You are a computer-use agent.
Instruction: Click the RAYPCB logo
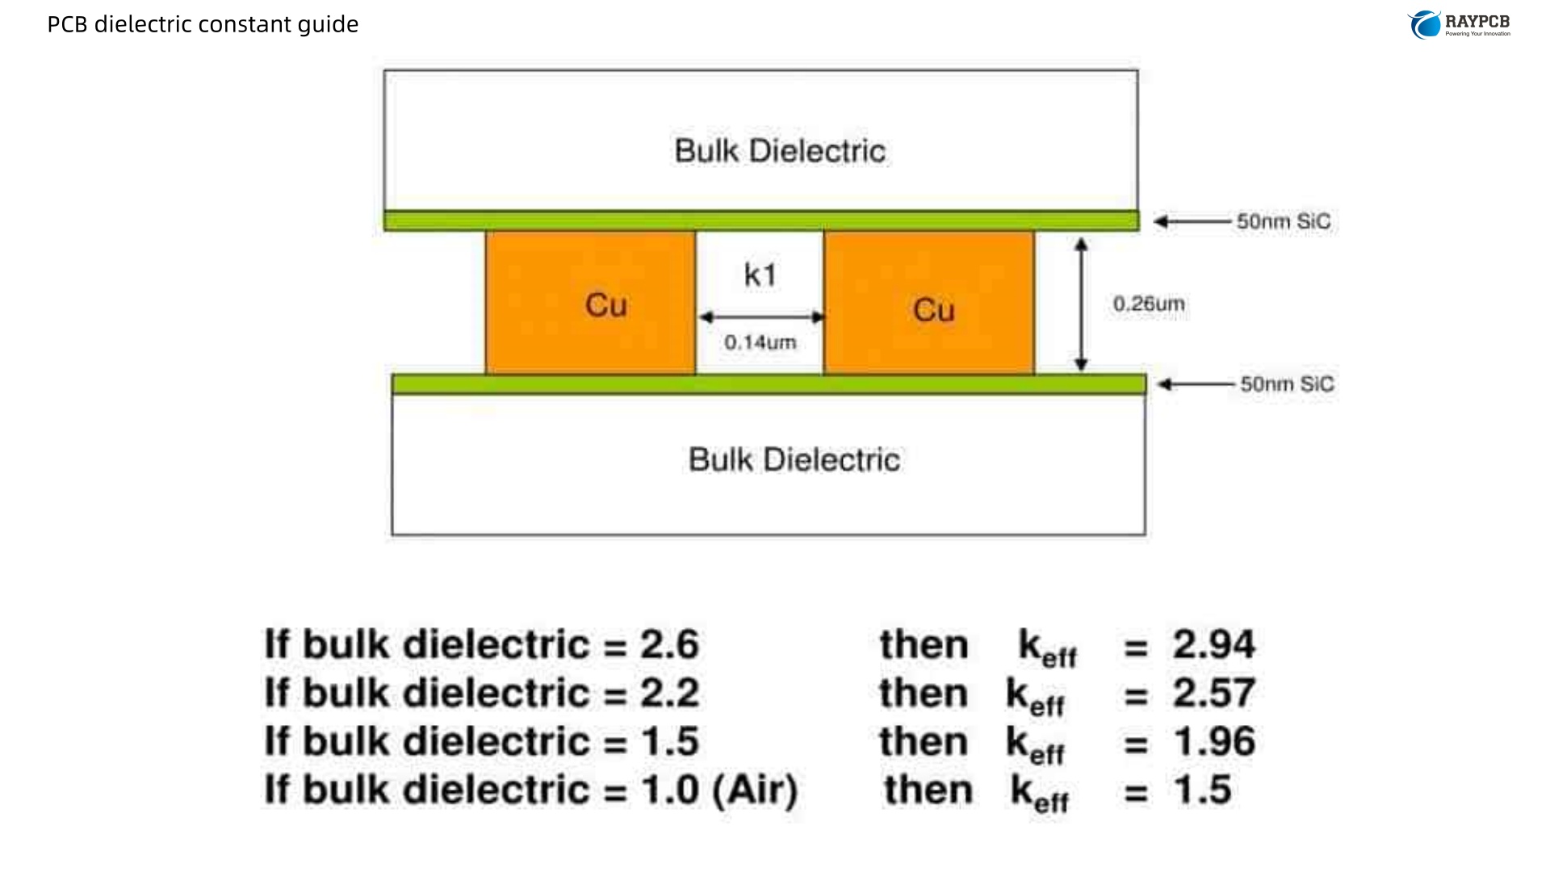pos(1460,24)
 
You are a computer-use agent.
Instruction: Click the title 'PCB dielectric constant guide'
pos(203,24)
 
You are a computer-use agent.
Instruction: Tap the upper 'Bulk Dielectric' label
pos(780,151)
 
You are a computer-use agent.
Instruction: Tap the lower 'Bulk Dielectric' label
pos(794,460)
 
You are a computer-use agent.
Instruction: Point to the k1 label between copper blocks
pos(760,275)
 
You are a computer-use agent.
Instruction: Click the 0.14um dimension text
pos(760,342)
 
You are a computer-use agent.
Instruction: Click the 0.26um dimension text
pos(1149,304)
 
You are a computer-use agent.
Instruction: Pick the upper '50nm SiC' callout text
pos(1284,221)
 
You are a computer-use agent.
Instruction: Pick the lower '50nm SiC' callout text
pos(1287,384)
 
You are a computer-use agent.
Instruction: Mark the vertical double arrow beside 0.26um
pos(1082,304)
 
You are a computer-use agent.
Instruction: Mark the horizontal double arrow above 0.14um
pos(760,317)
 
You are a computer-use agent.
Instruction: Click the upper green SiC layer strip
pos(761,220)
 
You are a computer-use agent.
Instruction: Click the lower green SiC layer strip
pos(769,384)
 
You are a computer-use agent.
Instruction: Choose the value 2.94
pos(1213,645)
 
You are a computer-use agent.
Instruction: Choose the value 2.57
pos(1213,694)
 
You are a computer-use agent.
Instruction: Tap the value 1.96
pos(1214,742)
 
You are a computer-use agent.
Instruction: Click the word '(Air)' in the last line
pos(755,790)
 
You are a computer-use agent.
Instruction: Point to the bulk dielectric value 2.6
pos(669,645)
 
